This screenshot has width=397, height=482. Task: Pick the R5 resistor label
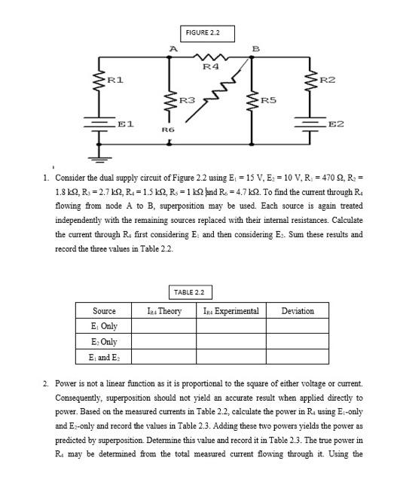[x=269, y=98]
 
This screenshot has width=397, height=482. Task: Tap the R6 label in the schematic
[x=169, y=129]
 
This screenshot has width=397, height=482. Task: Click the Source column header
[x=104, y=310]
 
